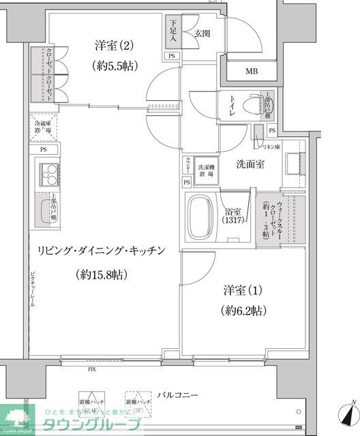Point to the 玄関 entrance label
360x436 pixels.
point(201,32)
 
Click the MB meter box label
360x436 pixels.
point(252,70)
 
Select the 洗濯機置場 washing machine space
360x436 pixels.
point(206,170)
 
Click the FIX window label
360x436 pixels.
point(91,371)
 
